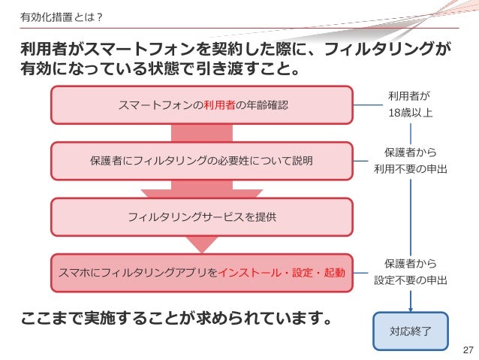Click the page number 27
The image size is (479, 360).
tap(468, 350)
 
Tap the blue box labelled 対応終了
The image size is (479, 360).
tap(410, 331)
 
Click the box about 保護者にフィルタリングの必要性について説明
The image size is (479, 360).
tap(201, 161)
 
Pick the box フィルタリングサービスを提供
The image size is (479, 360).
tap(201, 217)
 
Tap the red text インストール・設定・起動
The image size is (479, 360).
tap(282, 273)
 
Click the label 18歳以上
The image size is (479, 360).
tap(410, 113)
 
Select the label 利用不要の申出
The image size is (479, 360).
tap(410, 169)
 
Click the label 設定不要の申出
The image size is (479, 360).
tap(410, 280)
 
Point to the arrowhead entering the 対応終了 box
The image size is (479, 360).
tap(410, 309)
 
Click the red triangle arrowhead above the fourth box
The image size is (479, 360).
tap(201, 244)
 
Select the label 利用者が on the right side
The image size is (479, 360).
tap(410, 96)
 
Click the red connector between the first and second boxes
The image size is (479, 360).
tap(201, 133)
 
